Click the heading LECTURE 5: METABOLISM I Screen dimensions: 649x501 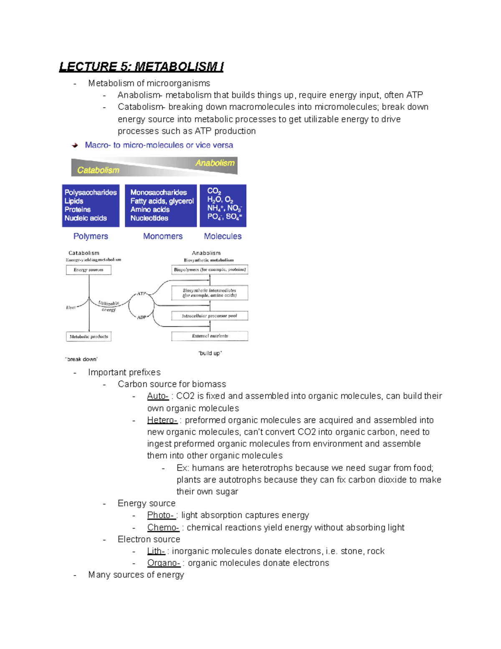[x=141, y=67]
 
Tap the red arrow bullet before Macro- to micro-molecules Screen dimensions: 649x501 [x=75, y=145]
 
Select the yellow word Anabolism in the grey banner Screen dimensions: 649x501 [x=215, y=163]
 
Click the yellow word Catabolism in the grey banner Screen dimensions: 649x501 [x=98, y=170]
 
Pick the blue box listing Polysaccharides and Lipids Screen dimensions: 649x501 [x=91, y=206]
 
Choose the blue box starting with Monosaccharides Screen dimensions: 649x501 [x=161, y=206]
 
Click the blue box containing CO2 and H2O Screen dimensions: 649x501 [x=223, y=206]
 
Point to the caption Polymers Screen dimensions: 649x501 [x=91, y=236]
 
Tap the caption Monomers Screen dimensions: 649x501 [x=163, y=236]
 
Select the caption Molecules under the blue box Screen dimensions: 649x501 [x=223, y=236]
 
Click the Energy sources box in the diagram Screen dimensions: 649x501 [x=89, y=270]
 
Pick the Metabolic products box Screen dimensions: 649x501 [x=89, y=336]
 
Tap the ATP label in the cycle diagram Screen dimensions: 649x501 [x=142, y=294]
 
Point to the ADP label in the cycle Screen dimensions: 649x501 [x=142, y=317]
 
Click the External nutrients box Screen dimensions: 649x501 [x=210, y=336]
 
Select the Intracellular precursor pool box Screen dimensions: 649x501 [x=210, y=316]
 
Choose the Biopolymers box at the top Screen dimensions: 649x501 [x=210, y=270]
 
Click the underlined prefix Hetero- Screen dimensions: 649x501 [x=162, y=420]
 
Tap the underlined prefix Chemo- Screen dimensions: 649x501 [x=163, y=527]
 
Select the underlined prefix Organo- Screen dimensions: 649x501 [x=164, y=563]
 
